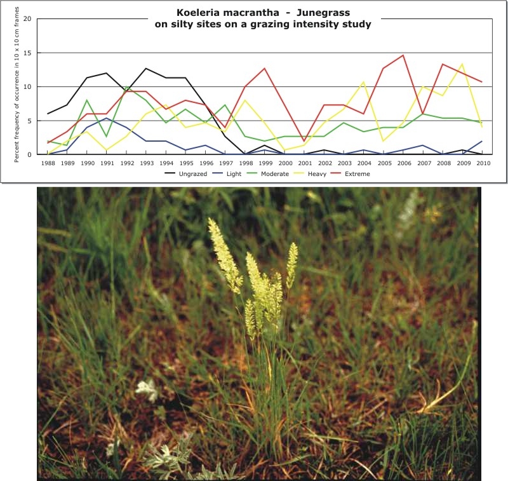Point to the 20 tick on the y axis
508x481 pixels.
tap(27, 19)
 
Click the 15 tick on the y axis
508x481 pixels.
tap(27, 53)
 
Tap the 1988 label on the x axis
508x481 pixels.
tap(48, 163)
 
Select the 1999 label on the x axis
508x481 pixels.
tap(264, 163)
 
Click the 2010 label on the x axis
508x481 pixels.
tap(482, 163)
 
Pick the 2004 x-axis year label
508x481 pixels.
tap(363, 163)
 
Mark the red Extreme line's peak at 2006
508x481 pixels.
tap(403, 55)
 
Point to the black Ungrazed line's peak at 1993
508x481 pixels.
tap(146, 68)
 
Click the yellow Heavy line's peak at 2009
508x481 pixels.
tap(462, 64)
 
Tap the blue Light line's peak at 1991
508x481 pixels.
tap(107, 118)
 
